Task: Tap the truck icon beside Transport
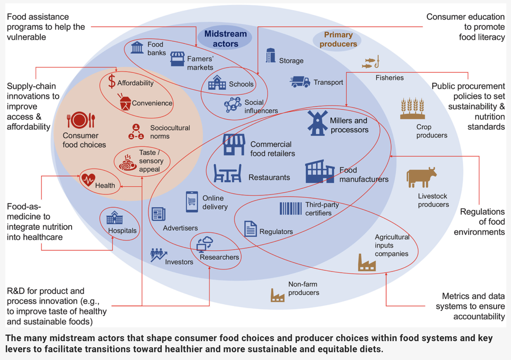(300, 82)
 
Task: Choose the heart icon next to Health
(88, 180)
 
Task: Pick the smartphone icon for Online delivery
(192, 201)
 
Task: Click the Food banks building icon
(137, 47)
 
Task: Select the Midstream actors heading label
(225, 38)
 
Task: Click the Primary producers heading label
(338, 39)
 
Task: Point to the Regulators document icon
(250, 229)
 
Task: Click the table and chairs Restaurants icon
(227, 173)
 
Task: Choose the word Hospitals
(122, 231)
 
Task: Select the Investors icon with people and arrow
(158, 254)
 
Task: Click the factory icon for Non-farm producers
(278, 294)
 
